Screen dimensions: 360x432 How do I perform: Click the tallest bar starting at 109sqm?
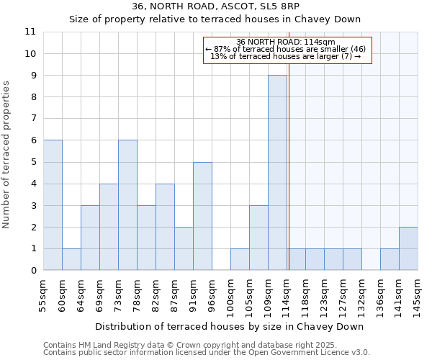tap(277, 173)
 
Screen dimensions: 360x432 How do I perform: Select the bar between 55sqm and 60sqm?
tap(53, 205)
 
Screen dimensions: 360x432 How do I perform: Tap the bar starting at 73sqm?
tap(127, 205)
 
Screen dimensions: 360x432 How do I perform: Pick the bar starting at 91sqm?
tap(202, 216)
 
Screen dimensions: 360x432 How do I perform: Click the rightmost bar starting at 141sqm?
tap(408, 248)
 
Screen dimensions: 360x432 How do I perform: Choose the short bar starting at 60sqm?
tap(71, 259)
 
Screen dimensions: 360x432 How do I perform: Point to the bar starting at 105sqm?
tap(258, 238)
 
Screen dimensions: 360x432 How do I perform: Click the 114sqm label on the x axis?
tap(287, 295)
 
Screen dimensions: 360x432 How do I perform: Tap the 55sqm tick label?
tap(43, 295)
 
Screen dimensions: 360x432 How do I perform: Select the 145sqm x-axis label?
tap(418, 295)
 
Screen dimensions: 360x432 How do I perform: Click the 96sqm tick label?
tap(212, 295)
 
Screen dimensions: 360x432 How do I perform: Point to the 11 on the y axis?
tap(30, 32)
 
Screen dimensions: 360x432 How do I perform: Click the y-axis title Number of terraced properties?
tap(7, 155)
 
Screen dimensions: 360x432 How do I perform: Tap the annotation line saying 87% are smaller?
tap(286, 49)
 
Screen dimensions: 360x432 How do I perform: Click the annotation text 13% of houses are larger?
tap(286, 56)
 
